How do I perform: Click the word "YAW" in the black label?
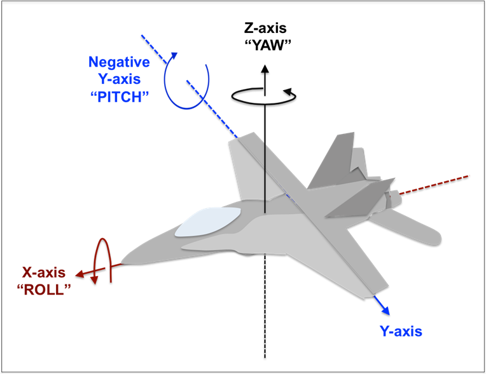coord(268,46)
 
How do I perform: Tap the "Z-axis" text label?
coord(265,28)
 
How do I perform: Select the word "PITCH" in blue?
coord(120,97)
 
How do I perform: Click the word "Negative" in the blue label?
coord(119,62)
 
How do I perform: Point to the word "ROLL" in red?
coord(44,290)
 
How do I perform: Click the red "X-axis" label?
coord(44,272)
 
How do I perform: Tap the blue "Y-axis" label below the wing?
coord(401,331)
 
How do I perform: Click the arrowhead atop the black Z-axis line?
coord(265,69)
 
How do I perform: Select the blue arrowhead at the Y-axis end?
coord(385,311)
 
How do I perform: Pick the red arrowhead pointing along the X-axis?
coord(80,274)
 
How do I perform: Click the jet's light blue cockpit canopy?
coord(207,222)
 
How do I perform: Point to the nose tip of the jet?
coord(121,264)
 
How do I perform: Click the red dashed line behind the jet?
coord(434,185)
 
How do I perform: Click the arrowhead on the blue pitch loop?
coord(174,56)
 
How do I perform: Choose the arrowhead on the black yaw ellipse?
coord(288,91)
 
